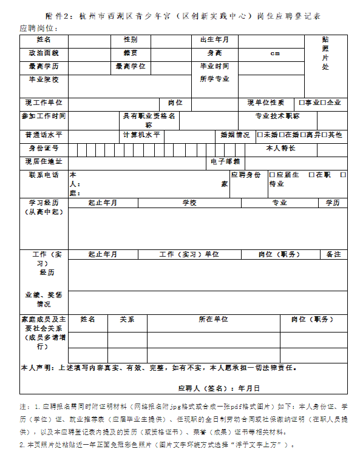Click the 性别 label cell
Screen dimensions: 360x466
(130, 39)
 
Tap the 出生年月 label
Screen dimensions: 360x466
(214, 39)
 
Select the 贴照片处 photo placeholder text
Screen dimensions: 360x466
(325, 53)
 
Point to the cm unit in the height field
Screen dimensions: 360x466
(274, 53)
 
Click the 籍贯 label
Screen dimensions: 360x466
(130, 53)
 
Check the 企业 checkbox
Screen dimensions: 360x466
(323, 103)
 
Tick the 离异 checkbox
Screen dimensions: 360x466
(302, 135)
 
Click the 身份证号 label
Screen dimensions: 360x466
(43, 148)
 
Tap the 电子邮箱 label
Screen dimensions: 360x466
(225, 161)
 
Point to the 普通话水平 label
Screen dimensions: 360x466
(43, 135)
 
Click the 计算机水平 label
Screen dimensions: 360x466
(141, 135)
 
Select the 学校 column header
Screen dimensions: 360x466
(189, 203)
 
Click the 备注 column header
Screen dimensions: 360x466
(333, 254)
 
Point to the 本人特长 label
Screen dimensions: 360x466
(281, 148)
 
